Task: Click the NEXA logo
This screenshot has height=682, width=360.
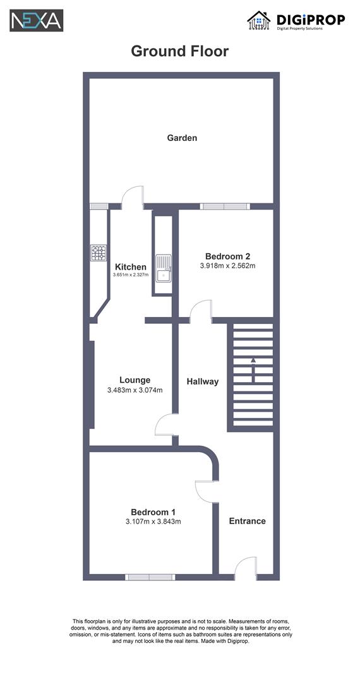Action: [36, 20]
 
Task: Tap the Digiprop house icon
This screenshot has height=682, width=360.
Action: [258, 20]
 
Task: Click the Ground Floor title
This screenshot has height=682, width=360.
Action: [179, 51]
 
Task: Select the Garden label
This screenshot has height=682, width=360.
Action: [182, 138]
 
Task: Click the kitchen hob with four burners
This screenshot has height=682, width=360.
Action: [99, 253]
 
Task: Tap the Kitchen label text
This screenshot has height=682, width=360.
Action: [131, 267]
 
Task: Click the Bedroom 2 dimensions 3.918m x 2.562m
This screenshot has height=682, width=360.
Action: [227, 266]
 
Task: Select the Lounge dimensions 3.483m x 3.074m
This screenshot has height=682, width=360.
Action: [135, 390]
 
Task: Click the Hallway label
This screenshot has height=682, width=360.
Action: [202, 381]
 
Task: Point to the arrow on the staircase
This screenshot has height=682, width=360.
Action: [253, 369]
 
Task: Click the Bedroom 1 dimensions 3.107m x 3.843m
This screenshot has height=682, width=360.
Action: [153, 522]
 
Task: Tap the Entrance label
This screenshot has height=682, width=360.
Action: [247, 521]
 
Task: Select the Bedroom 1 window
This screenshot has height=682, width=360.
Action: [150, 577]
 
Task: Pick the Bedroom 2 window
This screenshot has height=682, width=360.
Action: [225, 206]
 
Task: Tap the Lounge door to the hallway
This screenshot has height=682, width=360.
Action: [166, 424]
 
